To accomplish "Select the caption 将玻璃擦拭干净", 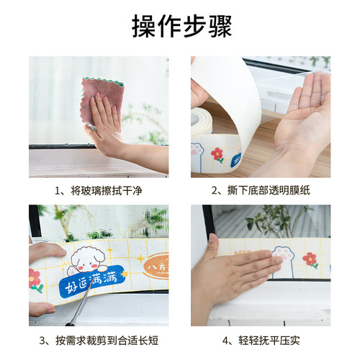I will click(99, 191).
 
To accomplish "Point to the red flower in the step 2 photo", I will click(217, 153).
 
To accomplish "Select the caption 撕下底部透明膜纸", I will click(261, 191).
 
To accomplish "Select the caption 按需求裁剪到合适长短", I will click(99, 339).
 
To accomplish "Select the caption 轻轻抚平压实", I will click(261, 339).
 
